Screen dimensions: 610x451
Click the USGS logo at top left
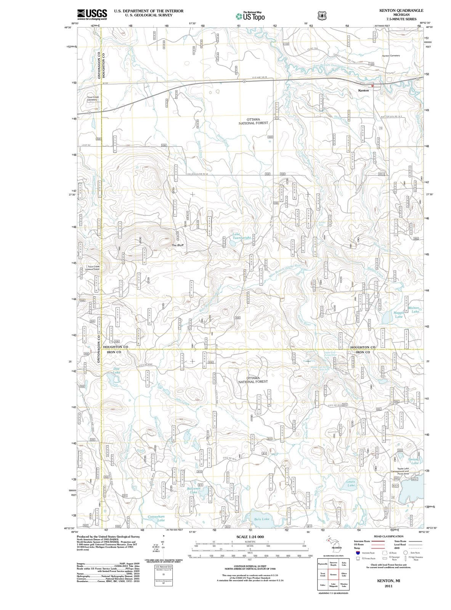click(x=92, y=14)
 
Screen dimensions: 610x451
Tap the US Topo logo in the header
click(x=250, y=16)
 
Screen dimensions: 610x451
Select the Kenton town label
click(x=363, y=90)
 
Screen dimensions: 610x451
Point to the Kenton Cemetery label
click(x=391, y=56)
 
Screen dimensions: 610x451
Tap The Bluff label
click(x=178, y=245)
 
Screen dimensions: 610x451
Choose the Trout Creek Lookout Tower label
click(x=93, y=268)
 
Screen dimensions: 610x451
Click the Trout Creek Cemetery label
click(x=93, y=98)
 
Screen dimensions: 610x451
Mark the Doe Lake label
click(x=117, y=370)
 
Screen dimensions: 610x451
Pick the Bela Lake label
click(x=262, y=519)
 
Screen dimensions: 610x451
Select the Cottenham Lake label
click(x=156, y=518)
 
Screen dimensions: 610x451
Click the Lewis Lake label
click(x=351, y=483)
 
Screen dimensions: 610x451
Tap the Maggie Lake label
click(x=398, y=315)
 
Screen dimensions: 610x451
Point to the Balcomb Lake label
click(x=193, y=490)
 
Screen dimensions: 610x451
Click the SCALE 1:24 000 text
click(x=250, y=536)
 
